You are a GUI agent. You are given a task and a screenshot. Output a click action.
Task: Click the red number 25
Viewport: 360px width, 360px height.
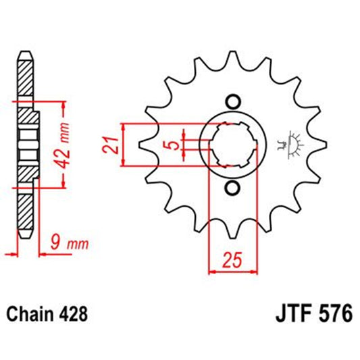pos(232,258)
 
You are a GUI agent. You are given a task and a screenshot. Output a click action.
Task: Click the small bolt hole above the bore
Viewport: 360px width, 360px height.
pos(233,101)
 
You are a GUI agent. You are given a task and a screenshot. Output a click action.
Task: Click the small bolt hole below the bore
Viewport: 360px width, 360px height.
pos(233,187)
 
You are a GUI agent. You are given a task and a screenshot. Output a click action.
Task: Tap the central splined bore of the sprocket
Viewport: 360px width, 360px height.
pos(233,144)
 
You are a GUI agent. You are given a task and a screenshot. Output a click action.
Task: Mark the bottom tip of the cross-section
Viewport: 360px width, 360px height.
pos(25,235)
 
